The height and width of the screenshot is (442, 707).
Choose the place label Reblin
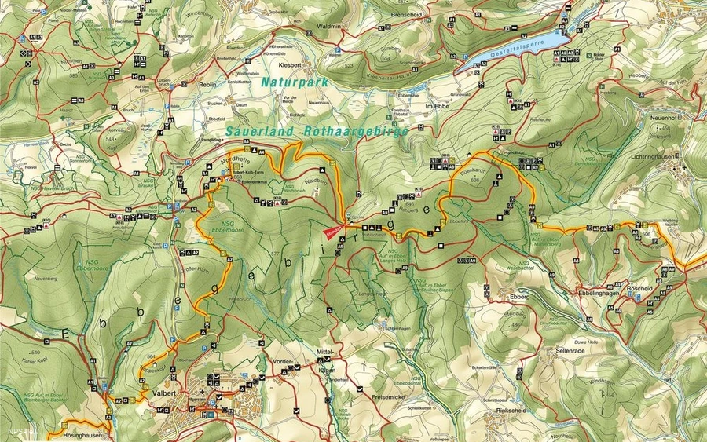[207, 83]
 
